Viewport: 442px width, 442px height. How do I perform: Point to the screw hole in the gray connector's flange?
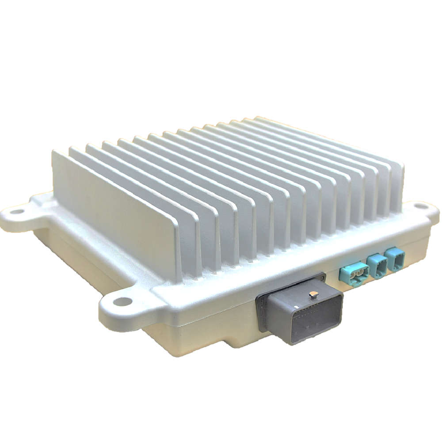point(321,278)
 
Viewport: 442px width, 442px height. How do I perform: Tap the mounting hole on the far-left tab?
point(17,212)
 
